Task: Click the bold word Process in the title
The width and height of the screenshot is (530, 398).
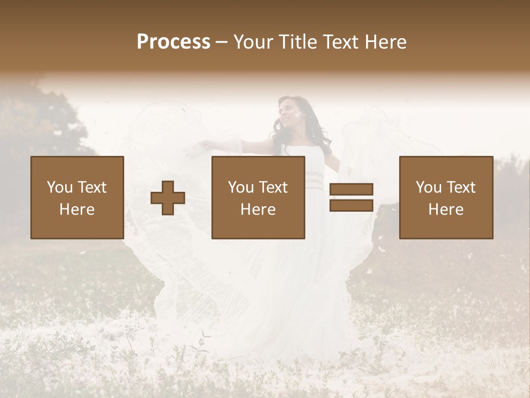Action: coord(173,42)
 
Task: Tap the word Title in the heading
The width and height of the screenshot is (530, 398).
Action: coord(298,42)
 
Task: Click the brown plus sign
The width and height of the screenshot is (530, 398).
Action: coord(168,198)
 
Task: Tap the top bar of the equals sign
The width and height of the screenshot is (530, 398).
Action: coord(351,190)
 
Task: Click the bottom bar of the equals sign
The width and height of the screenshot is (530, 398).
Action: coord(351,205)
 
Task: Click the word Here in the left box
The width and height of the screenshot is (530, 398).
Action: coord(77,210)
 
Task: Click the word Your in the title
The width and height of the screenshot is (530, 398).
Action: coord(252,42)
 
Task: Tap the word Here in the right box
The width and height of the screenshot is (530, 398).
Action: coord(446,210)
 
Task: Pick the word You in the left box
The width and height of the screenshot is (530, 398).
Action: coord(60,187)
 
